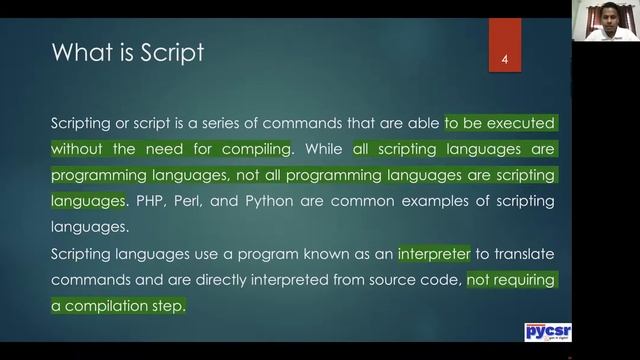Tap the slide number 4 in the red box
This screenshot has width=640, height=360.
click(506, 61)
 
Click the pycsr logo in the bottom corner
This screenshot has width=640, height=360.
click(548, 332)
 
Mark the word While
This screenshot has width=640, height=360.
click(324, 149)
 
